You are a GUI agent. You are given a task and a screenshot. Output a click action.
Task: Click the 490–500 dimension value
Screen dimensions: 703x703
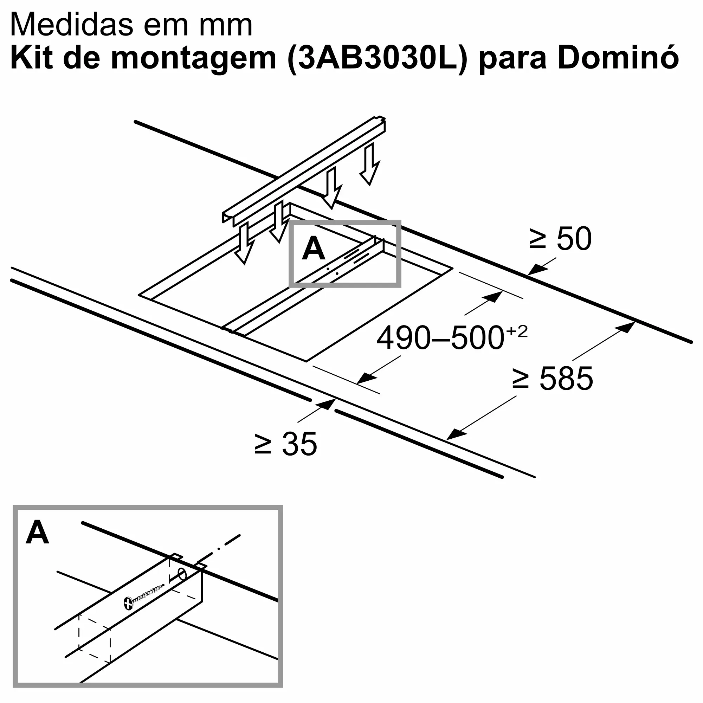click(x=440, y=338)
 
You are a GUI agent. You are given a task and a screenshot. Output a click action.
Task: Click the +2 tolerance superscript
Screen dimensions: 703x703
click(x=517, y=330)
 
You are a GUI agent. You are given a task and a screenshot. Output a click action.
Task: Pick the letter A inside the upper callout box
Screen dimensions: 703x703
click(x=313, y=249)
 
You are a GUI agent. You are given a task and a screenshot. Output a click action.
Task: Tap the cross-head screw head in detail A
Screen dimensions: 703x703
click(x=128, y=604)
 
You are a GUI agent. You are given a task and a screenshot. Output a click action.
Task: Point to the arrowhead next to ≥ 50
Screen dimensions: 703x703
click(x=537, y=270)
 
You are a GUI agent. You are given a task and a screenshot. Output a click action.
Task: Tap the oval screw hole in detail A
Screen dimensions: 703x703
click(x=182, y=575)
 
